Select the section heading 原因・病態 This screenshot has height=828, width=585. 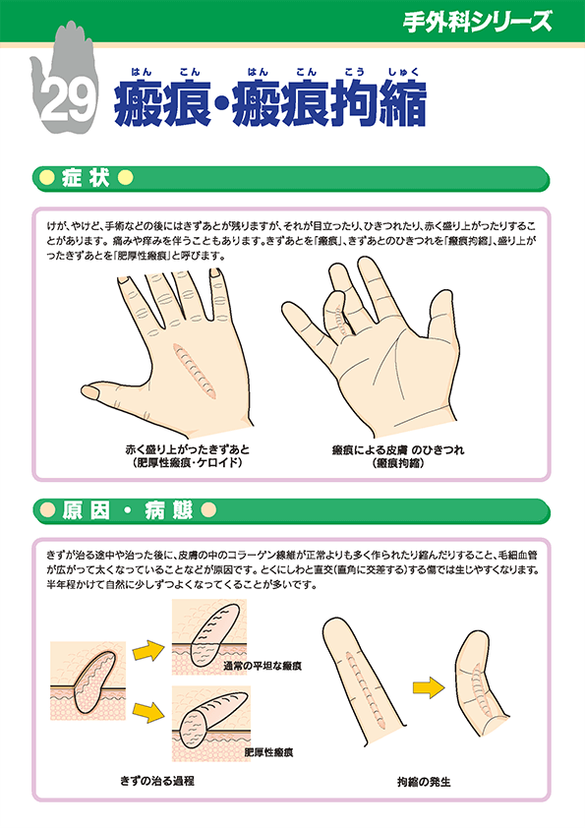(127, 510)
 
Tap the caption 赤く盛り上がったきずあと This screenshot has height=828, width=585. (182, 448)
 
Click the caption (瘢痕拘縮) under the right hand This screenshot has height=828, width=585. (398, 462)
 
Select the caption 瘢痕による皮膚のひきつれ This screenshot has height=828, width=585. (398, 448)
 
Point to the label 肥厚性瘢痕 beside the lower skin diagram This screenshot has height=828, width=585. (269, 751)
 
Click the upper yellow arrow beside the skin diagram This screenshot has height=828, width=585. (146, 650)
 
